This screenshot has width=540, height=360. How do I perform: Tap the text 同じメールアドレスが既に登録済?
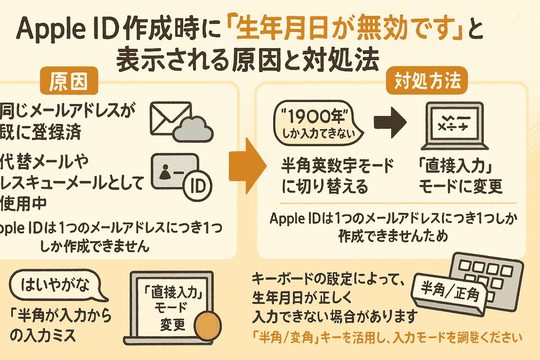pos(67,119)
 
